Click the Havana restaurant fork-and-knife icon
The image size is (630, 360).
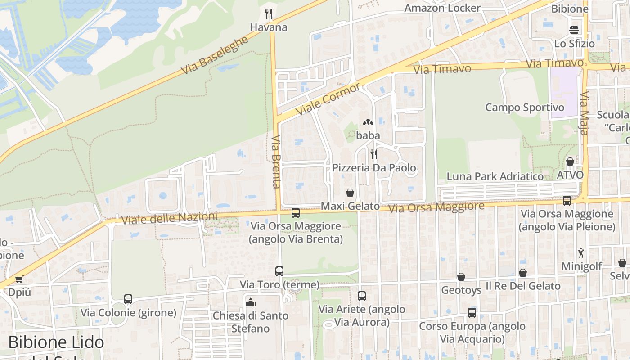(x=269, y=14)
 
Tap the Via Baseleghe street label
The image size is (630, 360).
(x=215, y=56)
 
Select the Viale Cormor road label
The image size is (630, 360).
(x=328, y=99)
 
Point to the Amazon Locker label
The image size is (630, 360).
(x=442, y=8)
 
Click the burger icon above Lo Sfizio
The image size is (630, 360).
(x=574, y=30)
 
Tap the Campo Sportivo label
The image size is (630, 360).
(x=524, y=108)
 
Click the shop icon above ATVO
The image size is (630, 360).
(x=570, y=162)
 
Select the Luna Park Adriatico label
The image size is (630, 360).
(x=495, y=176)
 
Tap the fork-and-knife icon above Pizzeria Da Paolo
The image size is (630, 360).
(x=373, y=154)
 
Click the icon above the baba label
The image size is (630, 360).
(x=368, y=122)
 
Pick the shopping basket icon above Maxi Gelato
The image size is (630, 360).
(x=350, y=193)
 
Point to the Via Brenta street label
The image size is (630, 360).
(x=276, y=161)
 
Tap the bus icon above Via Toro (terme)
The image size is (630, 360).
(x=279, y=271)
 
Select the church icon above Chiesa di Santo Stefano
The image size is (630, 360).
(x=251, y=302)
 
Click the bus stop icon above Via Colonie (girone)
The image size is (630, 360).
(x=128, y=299)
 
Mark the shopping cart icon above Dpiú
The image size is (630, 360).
(x=19, y=279)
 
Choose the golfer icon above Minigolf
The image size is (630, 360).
(x=581, y=253)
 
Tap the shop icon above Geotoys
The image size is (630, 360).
(x=461, y=277)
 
